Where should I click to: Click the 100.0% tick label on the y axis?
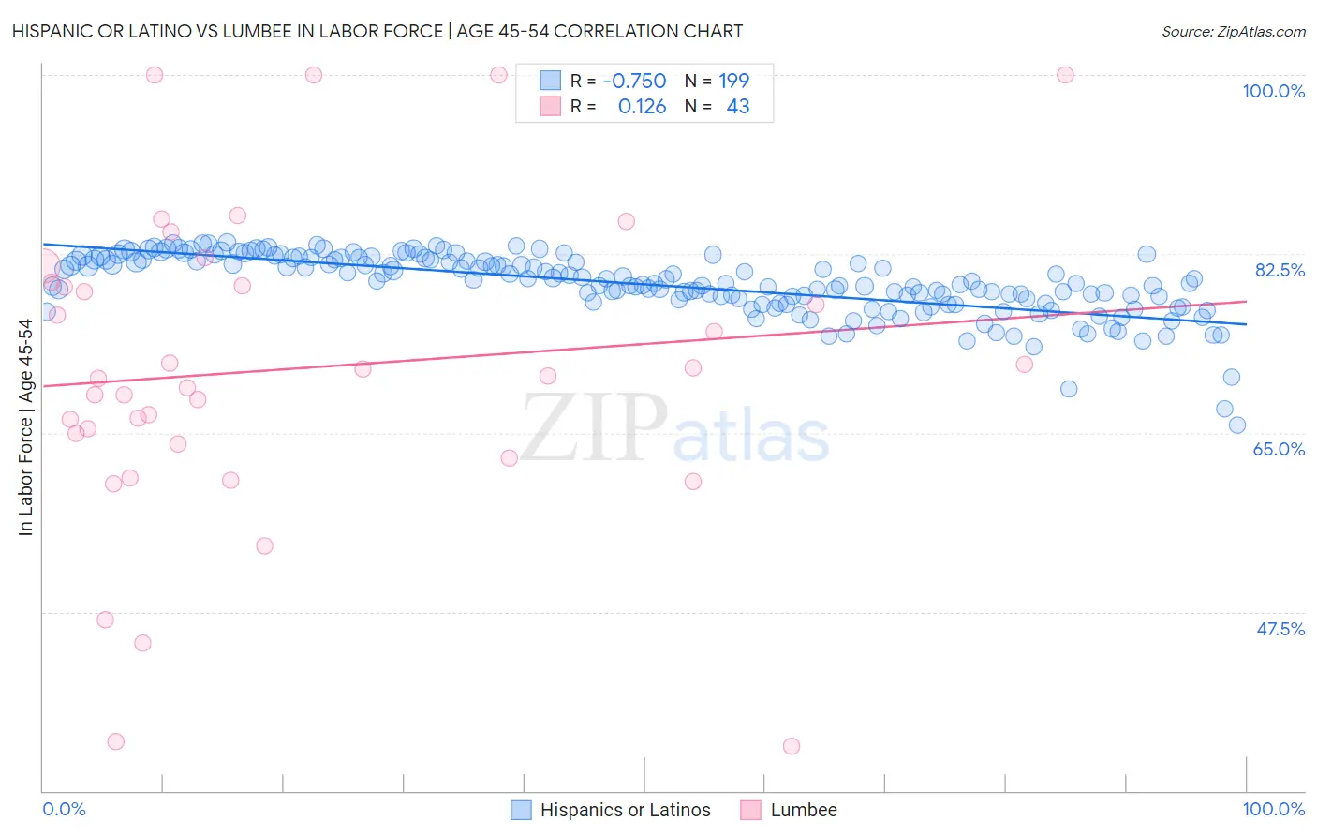pos(1273,91)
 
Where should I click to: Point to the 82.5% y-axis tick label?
pos(1280,270)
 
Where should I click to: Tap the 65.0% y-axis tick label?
pos(1279,449)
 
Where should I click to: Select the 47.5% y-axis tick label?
pos(1280,629)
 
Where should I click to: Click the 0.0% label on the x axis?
pos(64,809)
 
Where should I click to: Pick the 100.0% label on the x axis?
pos(1273,809)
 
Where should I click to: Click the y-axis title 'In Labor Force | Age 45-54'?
pos(26,427)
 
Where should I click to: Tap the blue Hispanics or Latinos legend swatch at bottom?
pos(521,810)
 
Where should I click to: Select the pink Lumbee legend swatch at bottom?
pos(750,810)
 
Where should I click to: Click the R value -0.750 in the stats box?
pos(634,81)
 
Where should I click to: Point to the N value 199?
pos(733,81)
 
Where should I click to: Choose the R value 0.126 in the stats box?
pos(642,107)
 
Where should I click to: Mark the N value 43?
pos(738,107)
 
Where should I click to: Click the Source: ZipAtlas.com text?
pos(1233,31)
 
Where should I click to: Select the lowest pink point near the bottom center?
pos(792,746)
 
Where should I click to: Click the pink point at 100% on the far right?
pos(1065,75)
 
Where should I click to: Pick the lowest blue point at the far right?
pos(1237,425)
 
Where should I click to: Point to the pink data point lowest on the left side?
pos(116,741)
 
